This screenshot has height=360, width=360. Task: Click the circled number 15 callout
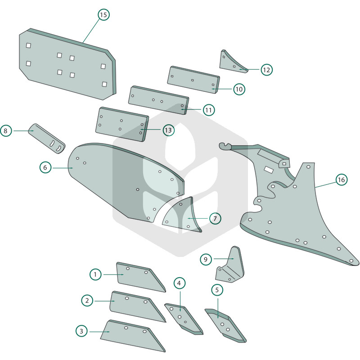(103, 15)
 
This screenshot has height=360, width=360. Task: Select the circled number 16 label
(342, 180)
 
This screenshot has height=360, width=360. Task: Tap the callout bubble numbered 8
(6, 130)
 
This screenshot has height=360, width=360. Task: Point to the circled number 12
(266, 70)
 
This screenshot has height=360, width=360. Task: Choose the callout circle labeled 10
(239, 89)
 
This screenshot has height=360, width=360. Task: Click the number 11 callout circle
(209, 110)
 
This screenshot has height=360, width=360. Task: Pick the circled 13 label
(168, 130)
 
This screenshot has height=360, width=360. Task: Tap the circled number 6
(45, 167)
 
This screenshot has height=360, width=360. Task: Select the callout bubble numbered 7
(215, 218)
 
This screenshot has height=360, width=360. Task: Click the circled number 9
(206, 259)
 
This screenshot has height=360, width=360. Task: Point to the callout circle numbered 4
(179, 283)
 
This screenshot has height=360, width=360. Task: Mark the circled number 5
(217, 290)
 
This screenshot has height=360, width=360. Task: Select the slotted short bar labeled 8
(47, 139)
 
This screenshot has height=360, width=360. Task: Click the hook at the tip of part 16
(225, 146)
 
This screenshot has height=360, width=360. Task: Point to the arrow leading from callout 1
(114, 274)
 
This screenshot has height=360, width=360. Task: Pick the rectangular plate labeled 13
(122, 124)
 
